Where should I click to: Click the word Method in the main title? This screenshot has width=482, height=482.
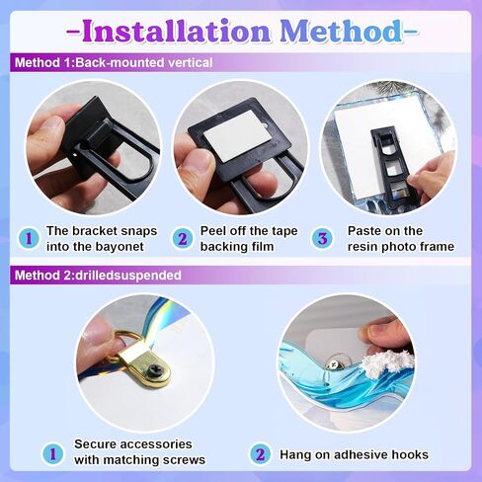tap(341, 31)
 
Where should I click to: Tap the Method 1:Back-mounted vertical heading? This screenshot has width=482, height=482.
tap(114, 62)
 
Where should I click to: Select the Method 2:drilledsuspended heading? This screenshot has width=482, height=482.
tap(98, 275)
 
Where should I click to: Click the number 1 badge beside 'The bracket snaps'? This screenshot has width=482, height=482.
tap(29, 238)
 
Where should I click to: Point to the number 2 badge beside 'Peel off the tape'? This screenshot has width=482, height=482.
tap(182, 238)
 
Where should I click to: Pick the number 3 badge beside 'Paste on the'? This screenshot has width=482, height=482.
tap(323, 238)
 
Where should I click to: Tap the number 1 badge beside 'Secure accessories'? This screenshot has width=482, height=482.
tap(52, 454)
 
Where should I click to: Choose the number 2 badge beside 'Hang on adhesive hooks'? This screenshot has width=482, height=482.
tap(260, 454)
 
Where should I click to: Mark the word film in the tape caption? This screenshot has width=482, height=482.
tap(262, 246)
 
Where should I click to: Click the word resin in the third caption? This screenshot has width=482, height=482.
tap(362, 246)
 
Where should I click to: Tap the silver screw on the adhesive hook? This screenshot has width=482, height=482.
tap(331, 364)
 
